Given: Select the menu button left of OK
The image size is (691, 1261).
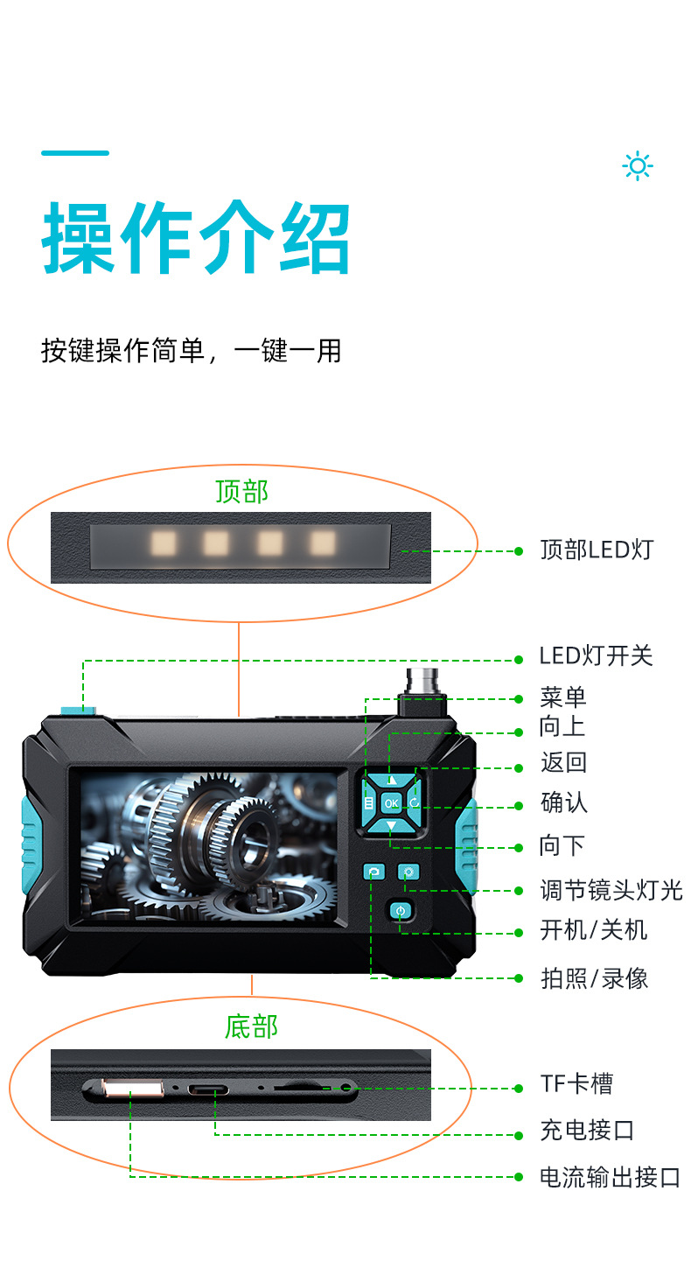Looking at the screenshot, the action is (368, 802).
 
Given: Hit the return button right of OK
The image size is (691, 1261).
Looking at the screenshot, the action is (414, 802).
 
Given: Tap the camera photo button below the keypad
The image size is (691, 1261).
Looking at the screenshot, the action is (373, 872).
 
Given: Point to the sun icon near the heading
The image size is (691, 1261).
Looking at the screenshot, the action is (638, 166).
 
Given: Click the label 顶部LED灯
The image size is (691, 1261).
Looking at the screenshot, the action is (597, 550).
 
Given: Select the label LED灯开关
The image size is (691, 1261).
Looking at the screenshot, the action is (596, 656).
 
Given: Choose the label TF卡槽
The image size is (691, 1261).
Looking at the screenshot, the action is (576, 1083).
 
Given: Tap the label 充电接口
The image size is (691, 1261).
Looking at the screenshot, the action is (587, 1130).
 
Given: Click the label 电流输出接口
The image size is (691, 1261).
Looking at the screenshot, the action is (610, 1177).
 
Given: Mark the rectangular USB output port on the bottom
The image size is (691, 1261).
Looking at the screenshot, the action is (133, 1089).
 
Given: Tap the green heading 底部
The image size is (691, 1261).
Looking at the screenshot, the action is (251, 1026).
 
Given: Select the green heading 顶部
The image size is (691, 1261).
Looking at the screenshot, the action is (242, 492).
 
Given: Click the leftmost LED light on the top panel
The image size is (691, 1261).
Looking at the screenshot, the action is (164, 543).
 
